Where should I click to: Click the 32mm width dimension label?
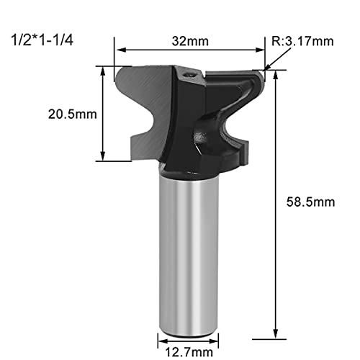(x=190, y=41)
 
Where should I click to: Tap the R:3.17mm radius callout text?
(x=302, y=41)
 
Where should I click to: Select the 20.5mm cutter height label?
(x=73, y=114)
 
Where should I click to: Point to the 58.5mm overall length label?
(x=310, y=202)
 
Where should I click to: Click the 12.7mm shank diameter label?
(x=189, y=352)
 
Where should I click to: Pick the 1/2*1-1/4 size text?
(x=42, y=40)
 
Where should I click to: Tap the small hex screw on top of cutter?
(x=189, y=75)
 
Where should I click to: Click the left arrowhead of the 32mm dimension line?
(x=120, y=50)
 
